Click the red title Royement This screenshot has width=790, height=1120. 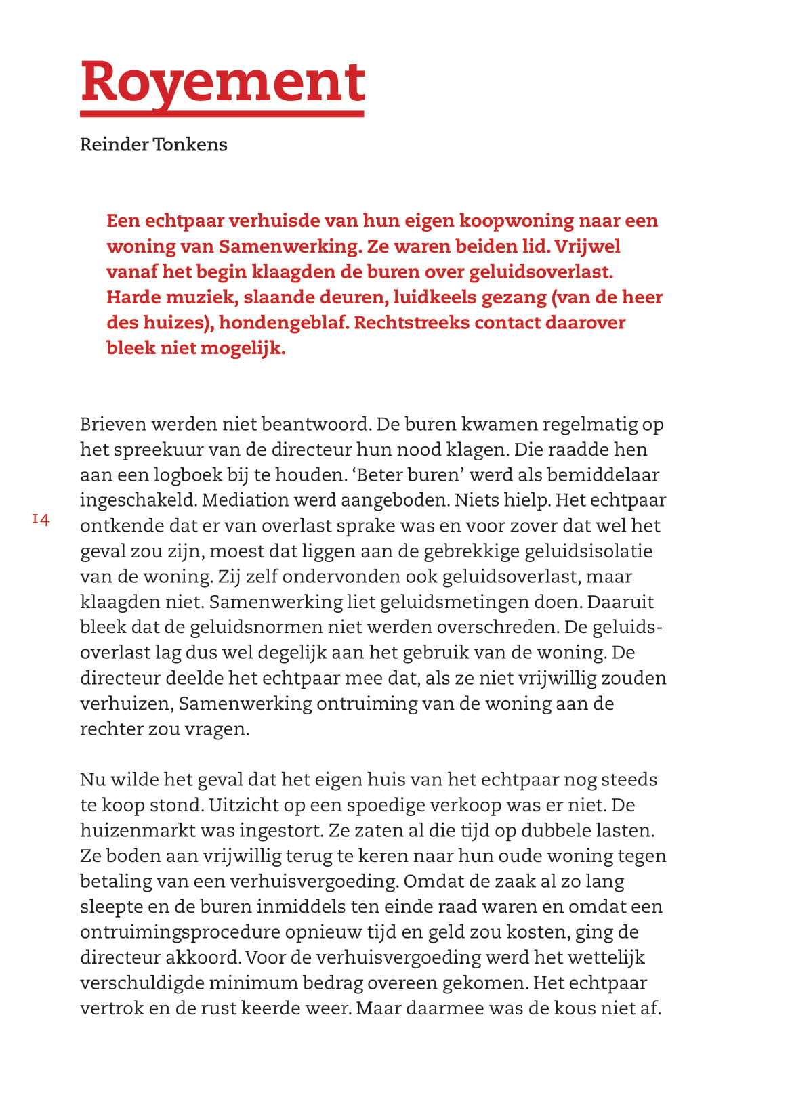[223, 83]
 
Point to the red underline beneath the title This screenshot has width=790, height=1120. [223, 114]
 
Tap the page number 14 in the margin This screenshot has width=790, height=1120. [41, 520]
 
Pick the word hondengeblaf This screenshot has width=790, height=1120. [283, 322]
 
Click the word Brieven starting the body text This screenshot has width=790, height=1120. [113, 425]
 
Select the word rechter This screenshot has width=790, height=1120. [106, 729]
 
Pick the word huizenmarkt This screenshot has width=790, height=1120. [140, 831]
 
